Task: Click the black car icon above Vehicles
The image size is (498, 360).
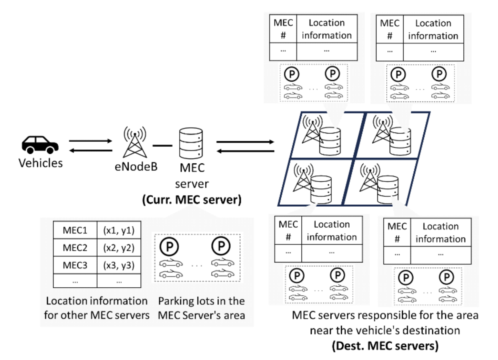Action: click(x=40, y=144)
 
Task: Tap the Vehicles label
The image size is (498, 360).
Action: click(x=40, y=163)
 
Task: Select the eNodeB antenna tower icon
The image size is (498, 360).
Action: click(x=135, y=142)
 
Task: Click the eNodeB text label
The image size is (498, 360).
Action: click(x=136, y=167)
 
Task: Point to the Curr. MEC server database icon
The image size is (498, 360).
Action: click(x=191, y=143)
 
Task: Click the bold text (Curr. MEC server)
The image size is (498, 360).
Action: click(x=192, y=199)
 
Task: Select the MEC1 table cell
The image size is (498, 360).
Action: click(x=75, y=230)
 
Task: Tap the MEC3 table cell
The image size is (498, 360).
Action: click(x=75, y=265)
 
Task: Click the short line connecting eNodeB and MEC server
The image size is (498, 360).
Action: click(x=162, y=146)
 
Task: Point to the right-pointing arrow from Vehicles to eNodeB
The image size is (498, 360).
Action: click(x=90, y=141)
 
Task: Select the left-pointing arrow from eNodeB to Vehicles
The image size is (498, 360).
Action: click(x=90, y=150)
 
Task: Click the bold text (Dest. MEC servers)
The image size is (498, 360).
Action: click(x=385, y=346)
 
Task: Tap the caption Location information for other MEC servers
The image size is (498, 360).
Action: click(x=97, y=308)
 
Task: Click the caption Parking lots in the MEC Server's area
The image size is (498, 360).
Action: click(x=201, y=308)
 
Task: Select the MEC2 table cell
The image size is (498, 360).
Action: click(x=75, y=248)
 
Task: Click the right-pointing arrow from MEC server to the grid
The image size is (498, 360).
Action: click(x=245, y=142)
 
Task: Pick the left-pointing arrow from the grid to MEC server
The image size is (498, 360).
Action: click(x=245, y=151)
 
